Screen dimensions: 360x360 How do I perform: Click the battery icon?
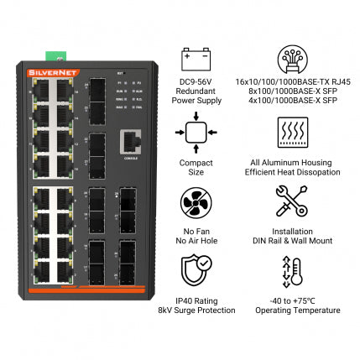pos(195,59)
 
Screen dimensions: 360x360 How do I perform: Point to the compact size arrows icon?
pos(196,133)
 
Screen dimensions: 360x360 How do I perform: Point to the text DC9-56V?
pos(196,82)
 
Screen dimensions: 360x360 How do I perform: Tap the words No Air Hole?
pos(196,241)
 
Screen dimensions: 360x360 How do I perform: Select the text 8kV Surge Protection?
pos(196,310)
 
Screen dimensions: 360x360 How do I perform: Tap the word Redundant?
pos(196,91)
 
